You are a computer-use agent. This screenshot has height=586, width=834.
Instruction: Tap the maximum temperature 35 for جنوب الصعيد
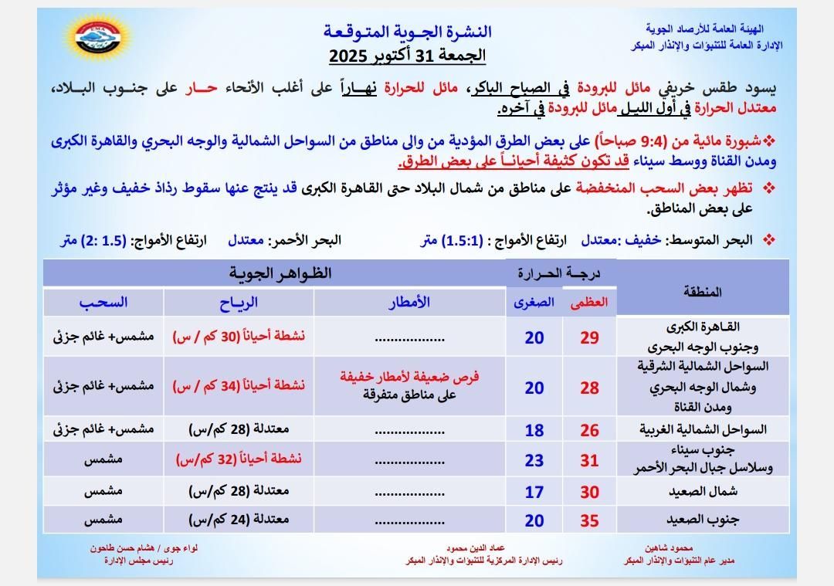coord(589,520)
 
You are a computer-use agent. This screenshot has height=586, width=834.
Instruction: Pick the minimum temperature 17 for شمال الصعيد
coord(534,491)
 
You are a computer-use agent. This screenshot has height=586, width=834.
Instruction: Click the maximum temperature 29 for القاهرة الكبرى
coord(589,337)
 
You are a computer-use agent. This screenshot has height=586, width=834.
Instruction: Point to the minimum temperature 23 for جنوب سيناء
coord(534,460)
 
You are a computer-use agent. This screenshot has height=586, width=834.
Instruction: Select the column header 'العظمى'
coord(589,303)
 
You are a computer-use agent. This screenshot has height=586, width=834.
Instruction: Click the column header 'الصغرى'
coord(534,303)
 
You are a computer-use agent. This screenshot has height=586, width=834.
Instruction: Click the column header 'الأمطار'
coord(409,302)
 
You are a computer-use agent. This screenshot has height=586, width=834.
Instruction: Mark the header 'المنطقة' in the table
coord(703,291)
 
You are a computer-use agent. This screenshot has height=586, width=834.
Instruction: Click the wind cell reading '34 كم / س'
coord(239,385)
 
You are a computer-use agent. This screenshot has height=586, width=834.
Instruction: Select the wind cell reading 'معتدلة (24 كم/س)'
coord(239,520)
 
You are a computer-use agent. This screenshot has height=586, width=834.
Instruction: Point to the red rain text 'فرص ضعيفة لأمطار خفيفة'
coord(409,377)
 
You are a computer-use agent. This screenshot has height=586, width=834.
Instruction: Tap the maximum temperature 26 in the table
coord(589,430)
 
